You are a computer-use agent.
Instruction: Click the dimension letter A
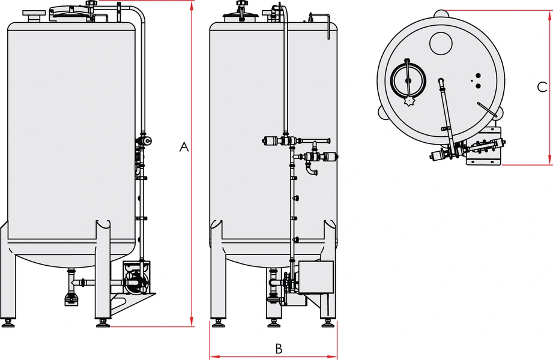(x=184, y=147)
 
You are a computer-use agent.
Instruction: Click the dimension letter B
(x=278, y=348)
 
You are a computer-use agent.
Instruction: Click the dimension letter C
(x=541, y=87)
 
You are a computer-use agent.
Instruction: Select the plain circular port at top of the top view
(x=441, y=41)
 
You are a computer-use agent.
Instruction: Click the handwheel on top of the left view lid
(x=92, y=4)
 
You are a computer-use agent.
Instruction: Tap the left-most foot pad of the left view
(x=8, y=323)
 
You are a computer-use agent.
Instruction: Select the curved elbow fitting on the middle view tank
(x=312, y=172)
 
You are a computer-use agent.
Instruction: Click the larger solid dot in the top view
(x=478, y=86)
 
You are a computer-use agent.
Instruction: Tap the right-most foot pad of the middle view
(x=328, y=323)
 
